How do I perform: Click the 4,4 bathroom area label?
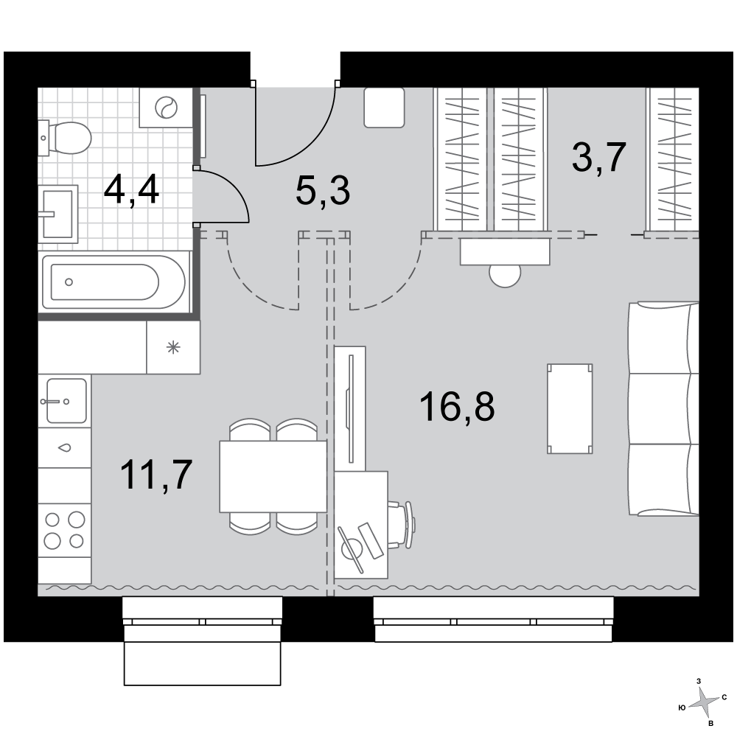coord(131,189)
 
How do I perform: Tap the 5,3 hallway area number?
coord(323,192)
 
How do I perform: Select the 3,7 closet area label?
coord(599,158)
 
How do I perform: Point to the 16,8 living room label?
coord(457,407)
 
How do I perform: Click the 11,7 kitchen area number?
coord(156,475)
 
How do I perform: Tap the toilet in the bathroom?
coord(65,138)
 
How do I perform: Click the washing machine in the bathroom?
coord(166,107)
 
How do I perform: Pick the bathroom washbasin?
coord(57,214)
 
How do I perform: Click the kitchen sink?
coord(66,401)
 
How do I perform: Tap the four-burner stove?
coord(64,530)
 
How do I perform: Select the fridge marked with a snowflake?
coord(173,347)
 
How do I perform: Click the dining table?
coord(273,476)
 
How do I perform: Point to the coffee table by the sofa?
coord(570,409)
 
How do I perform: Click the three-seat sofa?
coord(664,409)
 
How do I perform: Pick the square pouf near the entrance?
coord(384,108)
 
